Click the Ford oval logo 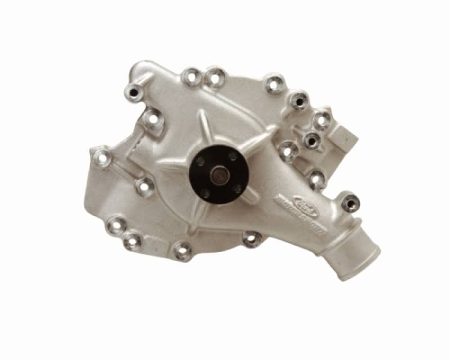point(285,197)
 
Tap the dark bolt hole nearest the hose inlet point(349,201)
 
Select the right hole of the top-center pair point(215,75)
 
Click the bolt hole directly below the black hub point(250,239)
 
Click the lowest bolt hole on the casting point(181,251)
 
